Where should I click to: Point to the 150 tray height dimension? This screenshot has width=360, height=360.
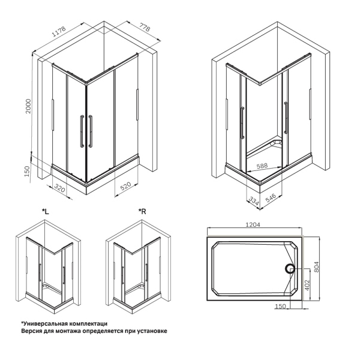pos(26,172)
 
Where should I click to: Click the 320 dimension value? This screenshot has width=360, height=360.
pos(59,188)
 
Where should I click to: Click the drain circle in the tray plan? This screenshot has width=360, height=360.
pos(290,269)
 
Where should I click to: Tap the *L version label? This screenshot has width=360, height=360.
pos(46,211)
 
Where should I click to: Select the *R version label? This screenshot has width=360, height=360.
pos(142,211)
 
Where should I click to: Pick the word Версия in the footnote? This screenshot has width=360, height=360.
pos(34,331)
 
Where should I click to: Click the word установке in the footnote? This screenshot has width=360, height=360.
pos(149,331)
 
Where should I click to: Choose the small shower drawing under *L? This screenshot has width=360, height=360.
pos(46,264)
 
